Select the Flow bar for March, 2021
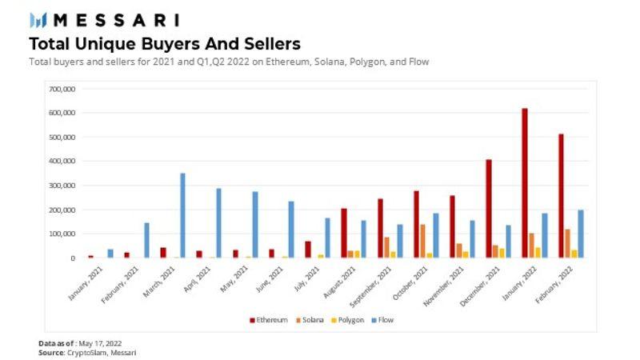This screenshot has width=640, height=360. click(182, 215)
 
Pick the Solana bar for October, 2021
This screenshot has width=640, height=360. click(422, 241)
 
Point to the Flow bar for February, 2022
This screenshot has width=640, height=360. click(581, 234)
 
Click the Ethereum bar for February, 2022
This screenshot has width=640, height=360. click(562, 195)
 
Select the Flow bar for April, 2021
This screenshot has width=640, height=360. click(218, 222)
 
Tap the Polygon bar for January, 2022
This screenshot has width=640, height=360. click(538, 252)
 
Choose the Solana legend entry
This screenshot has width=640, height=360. click(310, 320)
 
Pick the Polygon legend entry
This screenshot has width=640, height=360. click(349, 320)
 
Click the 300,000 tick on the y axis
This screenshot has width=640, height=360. click(62, 185)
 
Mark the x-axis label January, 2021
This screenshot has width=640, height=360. click(86, 281)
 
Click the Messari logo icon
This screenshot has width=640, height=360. click(38, 19)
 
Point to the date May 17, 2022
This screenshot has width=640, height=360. click(101, 342)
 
